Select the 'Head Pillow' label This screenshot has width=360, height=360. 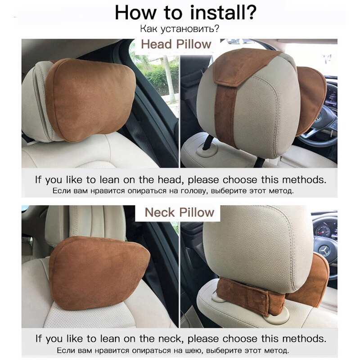(x=176, y=45)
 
